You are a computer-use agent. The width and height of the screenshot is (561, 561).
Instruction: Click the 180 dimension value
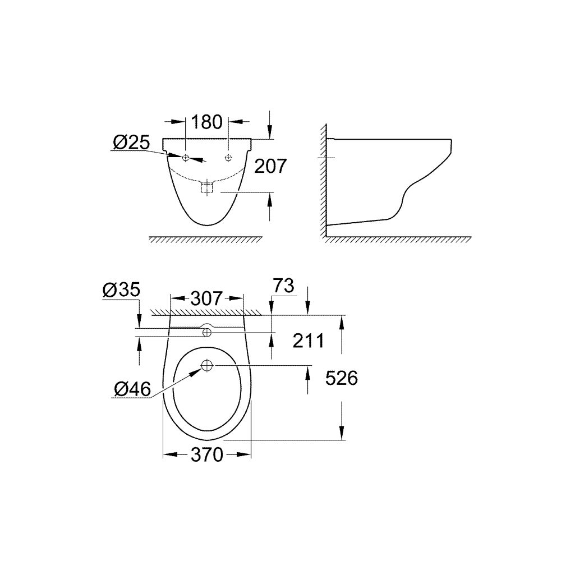point(207,122)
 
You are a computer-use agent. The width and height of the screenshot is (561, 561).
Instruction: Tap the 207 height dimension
point(270,166)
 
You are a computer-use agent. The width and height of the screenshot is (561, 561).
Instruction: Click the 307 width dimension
point(206,298)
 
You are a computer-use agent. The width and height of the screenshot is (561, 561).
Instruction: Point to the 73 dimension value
point(284,286)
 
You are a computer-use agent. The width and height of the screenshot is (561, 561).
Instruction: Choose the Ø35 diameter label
point(121,291)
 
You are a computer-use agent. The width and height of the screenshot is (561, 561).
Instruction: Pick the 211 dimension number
point(307,340)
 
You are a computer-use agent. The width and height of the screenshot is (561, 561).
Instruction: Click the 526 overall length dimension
point(342,379)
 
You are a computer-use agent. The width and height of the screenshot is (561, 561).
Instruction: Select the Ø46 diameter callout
point(132,389)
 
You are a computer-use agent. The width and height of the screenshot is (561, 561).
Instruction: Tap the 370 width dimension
point(207,454)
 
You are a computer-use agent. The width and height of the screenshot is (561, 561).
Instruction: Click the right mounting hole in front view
point(228,157)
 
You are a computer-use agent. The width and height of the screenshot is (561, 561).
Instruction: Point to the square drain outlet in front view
point(206,187)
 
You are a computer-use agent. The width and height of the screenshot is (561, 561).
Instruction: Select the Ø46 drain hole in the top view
point(206,366)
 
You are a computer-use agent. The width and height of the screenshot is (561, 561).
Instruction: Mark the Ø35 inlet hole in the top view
point(206,333)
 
